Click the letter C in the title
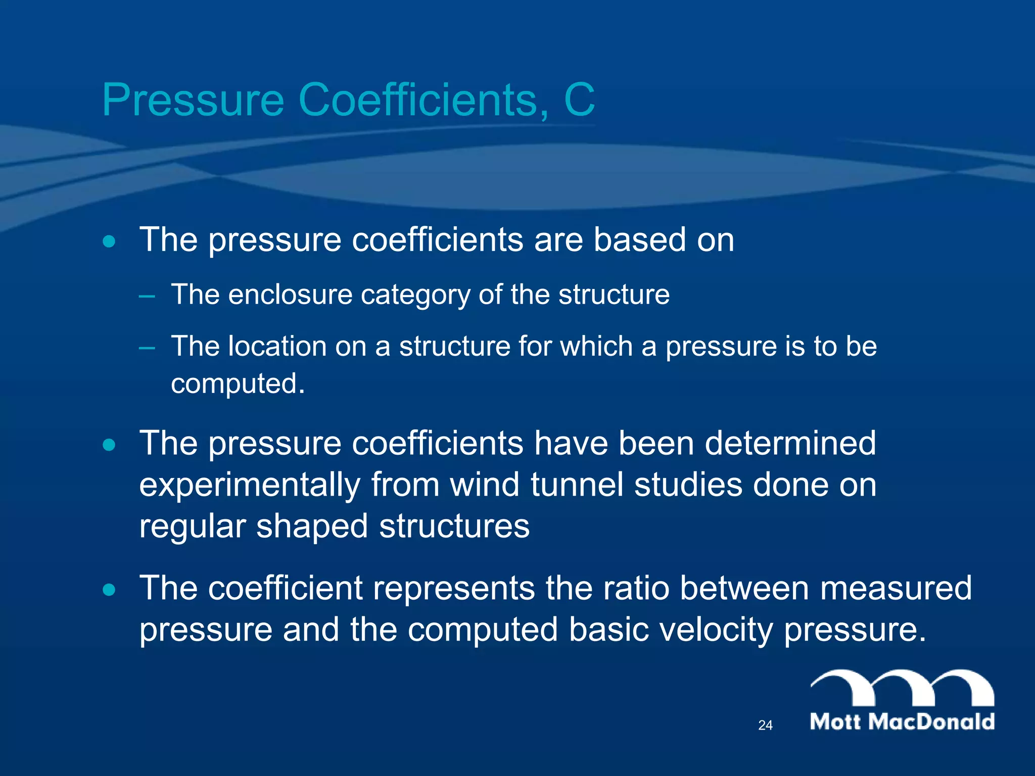[x=579, y=100]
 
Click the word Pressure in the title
[x=193, y=100]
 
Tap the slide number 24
[x=765, y=725]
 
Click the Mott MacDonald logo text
[x=902, y=722]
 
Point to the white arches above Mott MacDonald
[x=902, y=687]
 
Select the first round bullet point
[x=109, y=241]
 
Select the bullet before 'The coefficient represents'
[x=109, y=590]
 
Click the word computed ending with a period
[x=238, y=384]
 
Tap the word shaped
[x=312, y=527]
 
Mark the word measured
[x=896, y=588]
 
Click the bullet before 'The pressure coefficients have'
[x=109, y=445]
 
